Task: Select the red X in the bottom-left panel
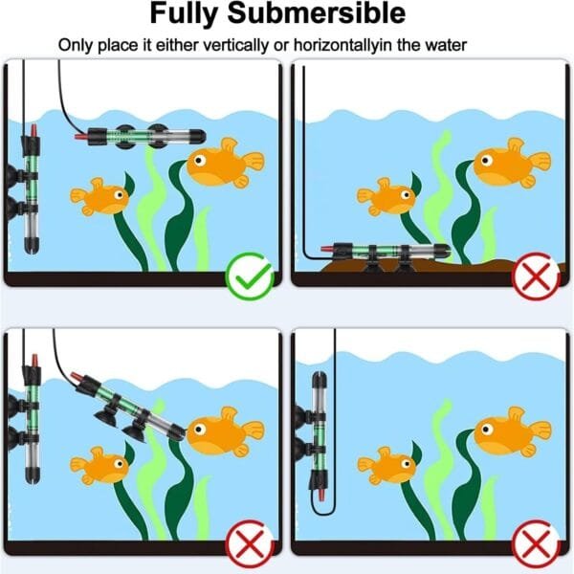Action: point(246,547)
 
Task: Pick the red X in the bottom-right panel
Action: point(534,547)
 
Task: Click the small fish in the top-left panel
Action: point(100,196)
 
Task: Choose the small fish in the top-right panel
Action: point(387,196)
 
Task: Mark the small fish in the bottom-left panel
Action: point(100,465)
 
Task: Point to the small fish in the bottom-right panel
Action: point(387,465)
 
